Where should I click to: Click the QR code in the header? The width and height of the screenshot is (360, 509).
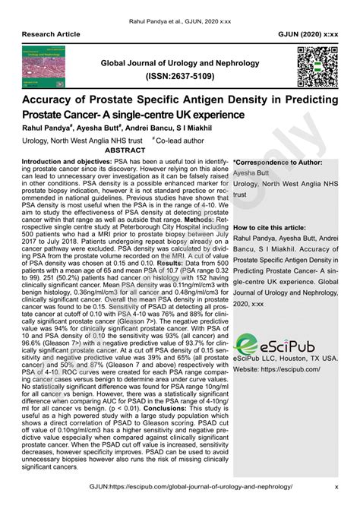pyautogui.click(x=317, y=68)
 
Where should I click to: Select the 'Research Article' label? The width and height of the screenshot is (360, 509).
pyautogui.click(x=52, y=35)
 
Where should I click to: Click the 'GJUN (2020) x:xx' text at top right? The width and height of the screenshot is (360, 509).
pyautogui.click(x=307, y=35)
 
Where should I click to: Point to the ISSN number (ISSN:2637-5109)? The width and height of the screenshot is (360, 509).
pyautogui.click(x=179, y=77)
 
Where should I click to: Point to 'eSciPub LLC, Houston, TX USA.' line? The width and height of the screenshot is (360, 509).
pyautogui.click(x=285, y=358)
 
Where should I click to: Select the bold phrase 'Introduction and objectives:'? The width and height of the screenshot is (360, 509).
pyautogui.click(x=71, y=162)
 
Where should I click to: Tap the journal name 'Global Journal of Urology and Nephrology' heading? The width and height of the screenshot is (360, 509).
pyautogui.click(x=179, y=62)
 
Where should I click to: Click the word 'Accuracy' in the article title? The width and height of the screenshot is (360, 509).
pyautogui.click(x=58, y=100)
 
